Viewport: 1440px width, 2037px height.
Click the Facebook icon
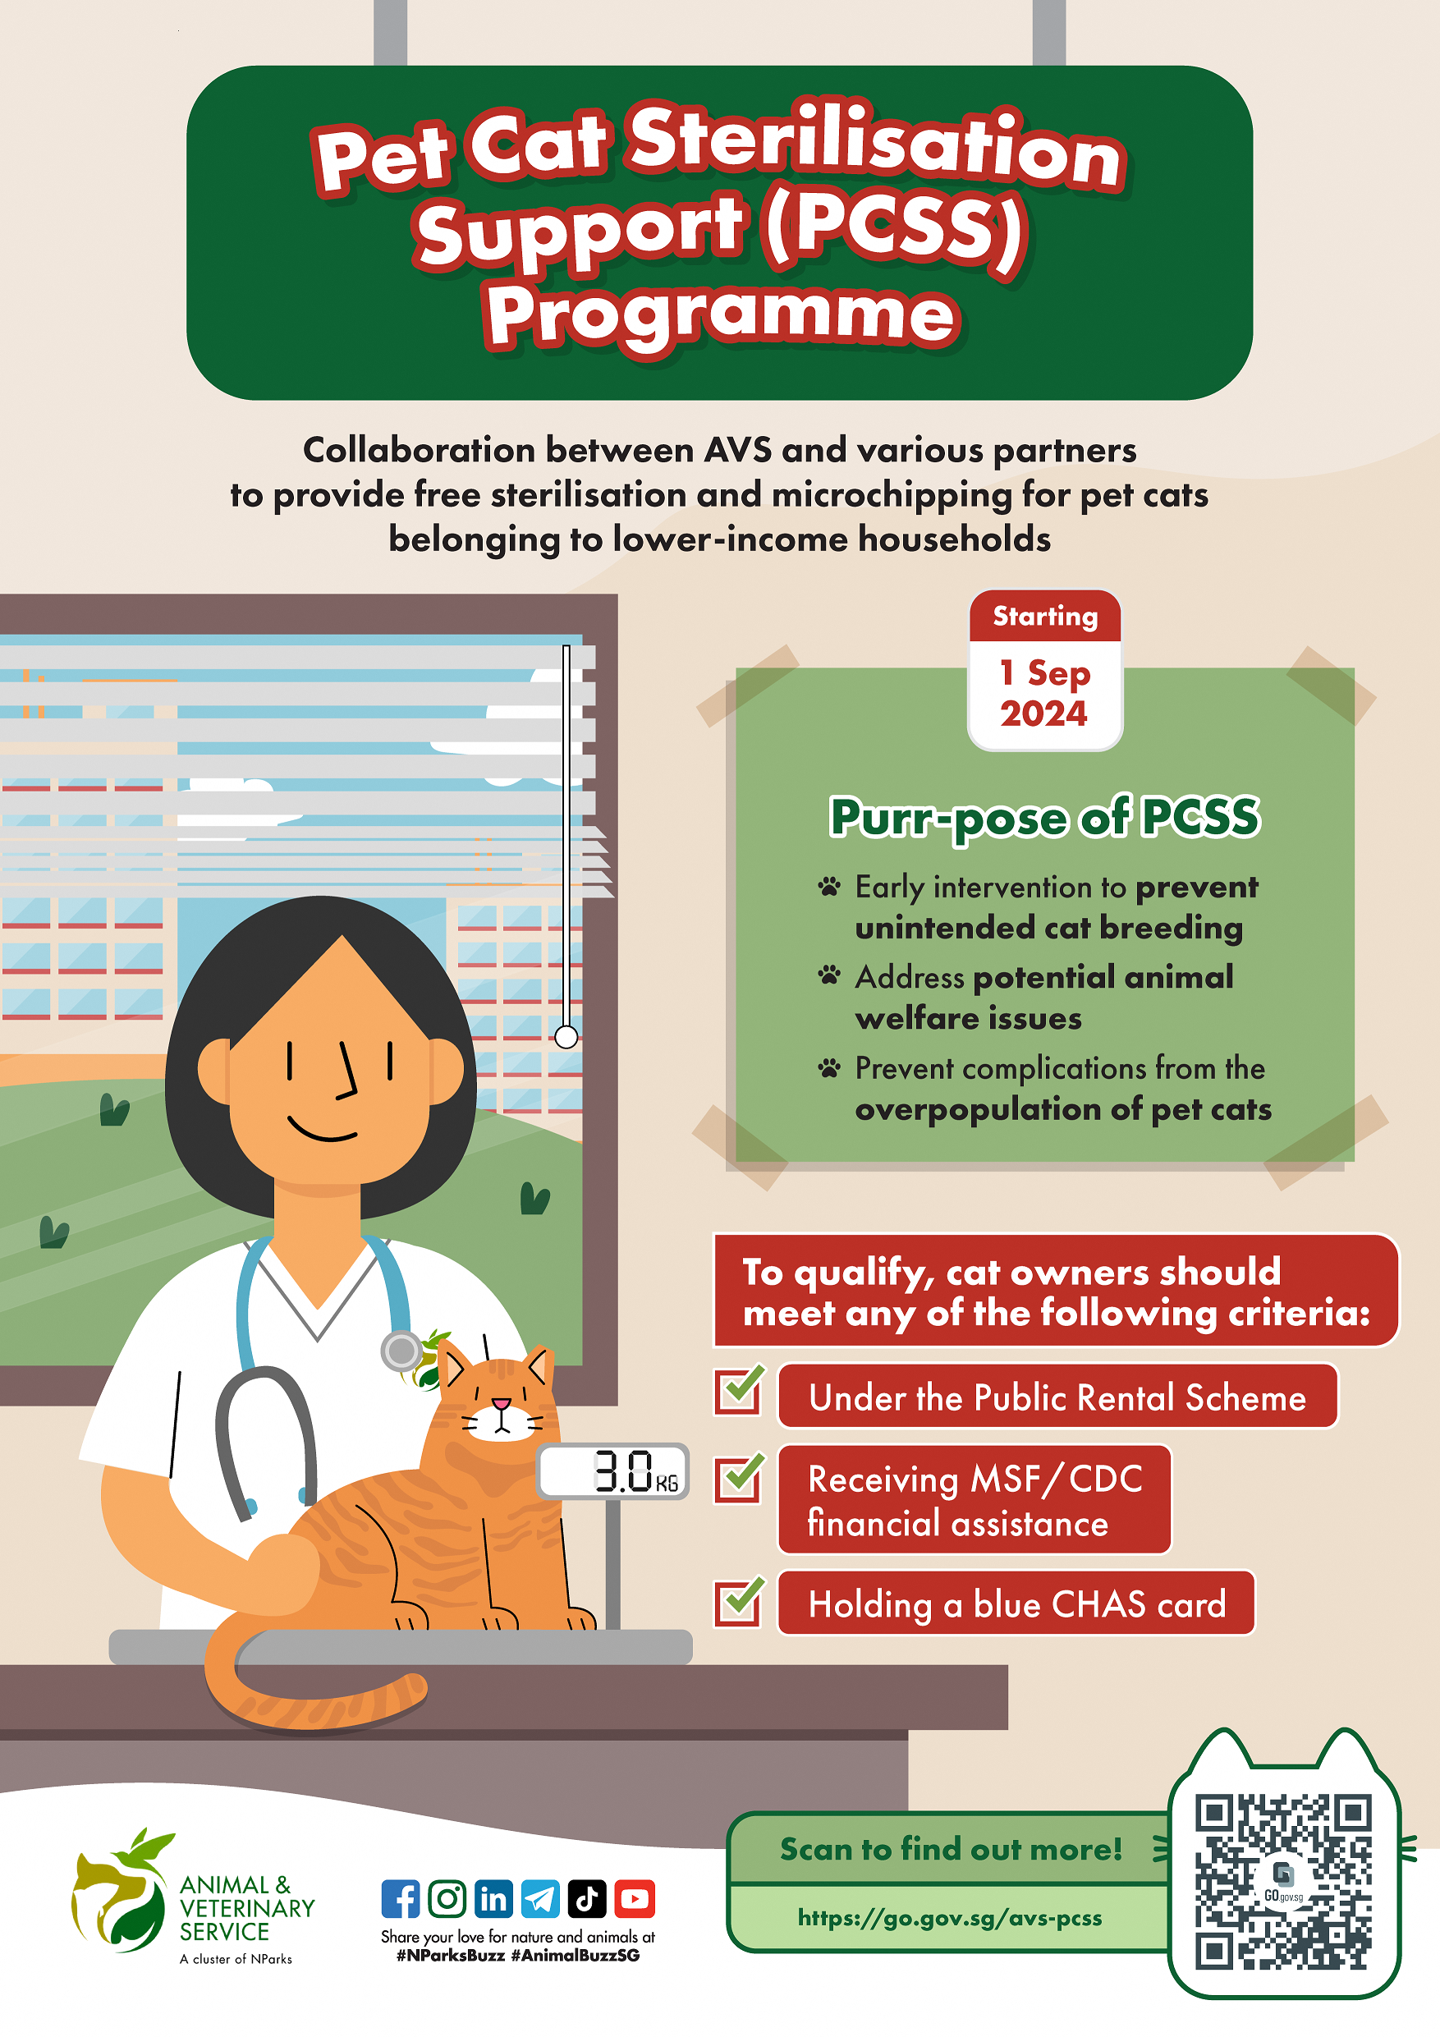[400, 1898]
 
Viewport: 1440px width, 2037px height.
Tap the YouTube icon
[634, 1898]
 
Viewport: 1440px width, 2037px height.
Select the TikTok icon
[586, 1898]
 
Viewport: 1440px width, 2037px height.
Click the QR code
[1283, 1881]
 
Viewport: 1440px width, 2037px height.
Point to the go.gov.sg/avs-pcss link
[949, 1917]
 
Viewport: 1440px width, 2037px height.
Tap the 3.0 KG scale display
[613, 1471]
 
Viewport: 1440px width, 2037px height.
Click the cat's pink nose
[502, 1403]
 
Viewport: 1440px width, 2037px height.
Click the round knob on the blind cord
[566, 1035]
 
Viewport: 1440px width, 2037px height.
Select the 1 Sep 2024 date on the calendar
[1044, 693]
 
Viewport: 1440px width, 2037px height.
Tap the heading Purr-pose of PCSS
[1044, 816]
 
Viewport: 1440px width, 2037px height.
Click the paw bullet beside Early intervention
[828, 886]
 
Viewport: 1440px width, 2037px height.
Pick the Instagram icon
[447, 1898]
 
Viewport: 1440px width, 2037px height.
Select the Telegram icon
[540, 1898]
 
